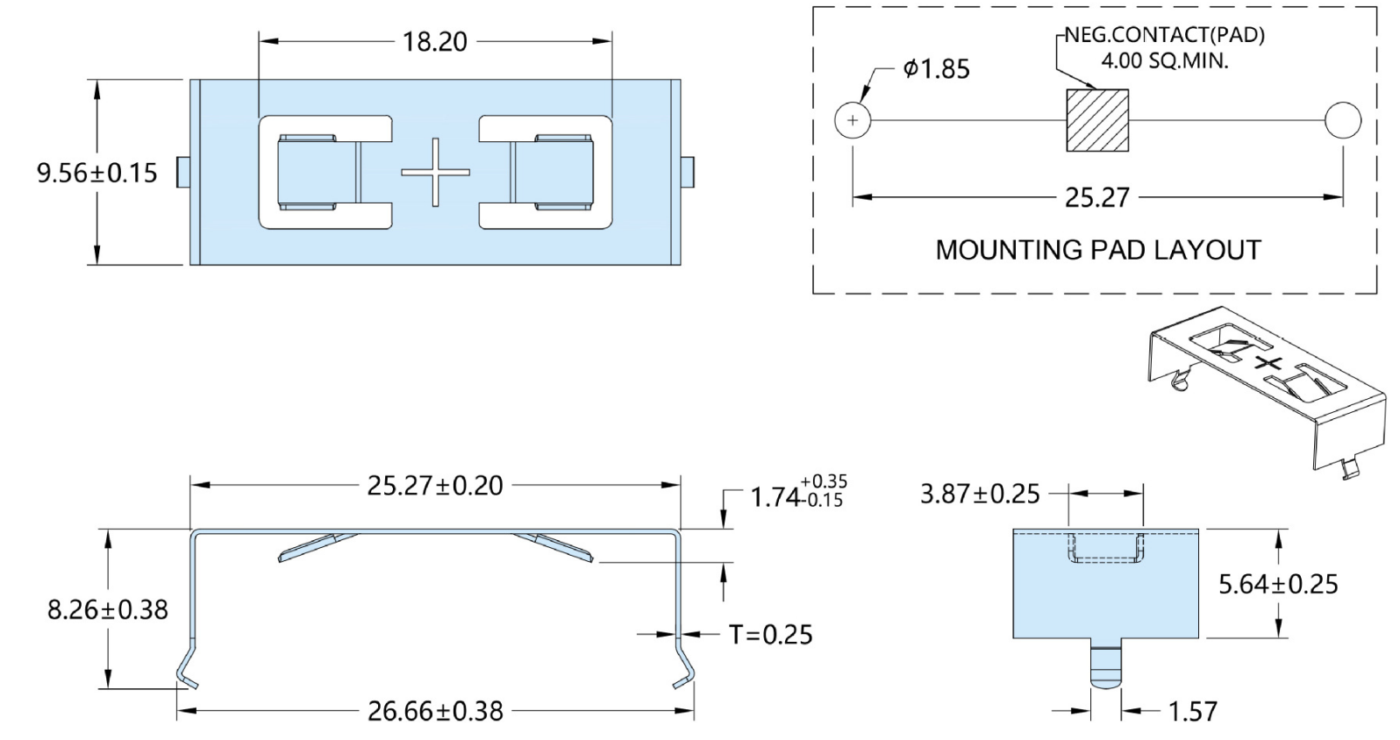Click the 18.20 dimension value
(434, 42)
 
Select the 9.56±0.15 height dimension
(96, 173)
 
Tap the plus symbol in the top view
(435, 173)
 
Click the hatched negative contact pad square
(1096, 120)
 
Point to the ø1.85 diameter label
(936, 69)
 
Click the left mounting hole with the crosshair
(853, 120)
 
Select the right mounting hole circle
(1343, 120)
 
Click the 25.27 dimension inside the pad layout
(1096, 197)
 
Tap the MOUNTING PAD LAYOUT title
(1097, 250)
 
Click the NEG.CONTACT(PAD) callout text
(1164, 36)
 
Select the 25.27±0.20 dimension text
(435, 485)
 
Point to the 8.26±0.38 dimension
(107, 609)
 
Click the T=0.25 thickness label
(771, 634)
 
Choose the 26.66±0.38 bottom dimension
(435, 710)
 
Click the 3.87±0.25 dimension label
(980, 494)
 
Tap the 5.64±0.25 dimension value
(1278, 584)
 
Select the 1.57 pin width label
(1192, 711)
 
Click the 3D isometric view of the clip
(1264, 386)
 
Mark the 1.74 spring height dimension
(797, 495)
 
